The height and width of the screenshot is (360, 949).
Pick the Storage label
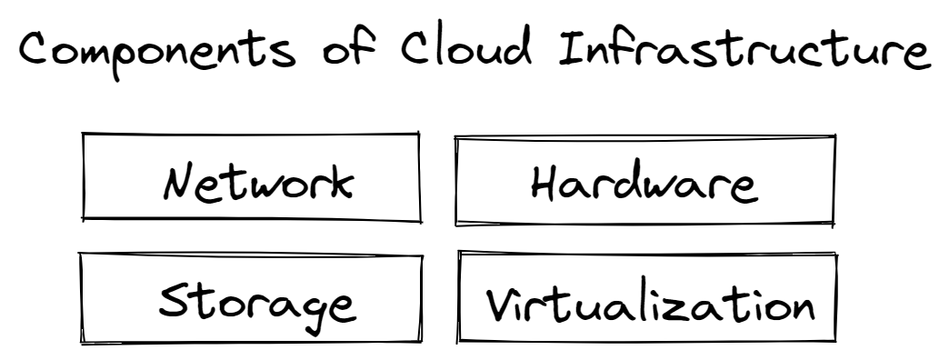pos(257,302)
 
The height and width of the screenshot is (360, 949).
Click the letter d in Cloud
pos(525,47)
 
